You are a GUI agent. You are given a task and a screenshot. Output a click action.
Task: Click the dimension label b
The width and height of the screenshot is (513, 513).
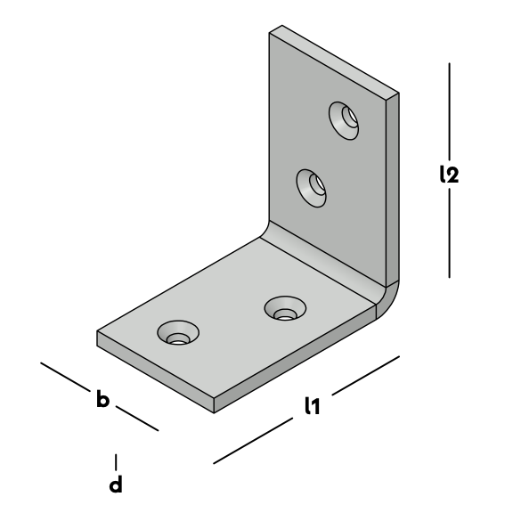click(x=102, y=398)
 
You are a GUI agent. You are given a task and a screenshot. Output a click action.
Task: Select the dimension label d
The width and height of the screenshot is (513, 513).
click(x=116, y=484)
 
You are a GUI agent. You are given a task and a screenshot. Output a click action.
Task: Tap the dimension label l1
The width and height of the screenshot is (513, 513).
click(x=312, y=406)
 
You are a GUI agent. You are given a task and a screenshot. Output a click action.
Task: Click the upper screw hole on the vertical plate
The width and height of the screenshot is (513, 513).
click(x=344, y=121)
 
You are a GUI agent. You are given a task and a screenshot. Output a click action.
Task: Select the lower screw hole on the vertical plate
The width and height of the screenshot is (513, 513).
click(x=311, y=188)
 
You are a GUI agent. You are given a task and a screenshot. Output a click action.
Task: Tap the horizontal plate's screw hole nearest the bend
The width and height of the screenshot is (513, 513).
click(x=285, y=308)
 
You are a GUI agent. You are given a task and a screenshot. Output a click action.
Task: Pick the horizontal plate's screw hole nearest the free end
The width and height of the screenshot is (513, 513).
click(x=178, y=333)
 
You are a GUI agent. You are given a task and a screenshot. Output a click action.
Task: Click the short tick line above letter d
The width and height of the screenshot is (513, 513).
click(x=116, y=461)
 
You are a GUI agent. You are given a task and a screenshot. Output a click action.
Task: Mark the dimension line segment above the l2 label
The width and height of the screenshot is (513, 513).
click(x=449, y=111)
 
